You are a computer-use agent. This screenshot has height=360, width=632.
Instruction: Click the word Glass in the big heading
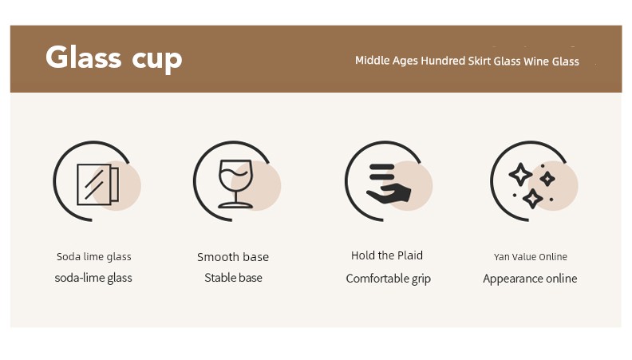[84, 57]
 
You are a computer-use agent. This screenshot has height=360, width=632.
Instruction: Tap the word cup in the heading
[157, 61]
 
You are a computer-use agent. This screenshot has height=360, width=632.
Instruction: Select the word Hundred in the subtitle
[443, 61]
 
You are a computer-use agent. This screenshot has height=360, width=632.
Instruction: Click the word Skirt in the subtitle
[480, 61]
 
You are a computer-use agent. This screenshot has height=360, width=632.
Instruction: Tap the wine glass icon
[235, 184]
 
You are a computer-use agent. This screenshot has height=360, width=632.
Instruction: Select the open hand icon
[389, 194]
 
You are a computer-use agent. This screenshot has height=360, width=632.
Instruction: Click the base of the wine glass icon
[235, 205]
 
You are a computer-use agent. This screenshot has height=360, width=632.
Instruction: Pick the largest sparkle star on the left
[520, 174]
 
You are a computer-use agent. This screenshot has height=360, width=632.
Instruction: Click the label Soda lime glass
[94, 257]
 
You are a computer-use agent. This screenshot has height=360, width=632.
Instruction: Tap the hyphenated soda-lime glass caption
[93, 278]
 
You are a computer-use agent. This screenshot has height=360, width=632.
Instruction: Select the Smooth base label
[233, 257]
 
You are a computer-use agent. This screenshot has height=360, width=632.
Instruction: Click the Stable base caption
[233, 278]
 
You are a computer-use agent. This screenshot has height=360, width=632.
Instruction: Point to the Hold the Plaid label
[387, 255]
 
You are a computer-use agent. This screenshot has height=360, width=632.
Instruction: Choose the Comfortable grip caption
[388, 279]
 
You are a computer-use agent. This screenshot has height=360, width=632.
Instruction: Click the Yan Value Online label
[531, 257]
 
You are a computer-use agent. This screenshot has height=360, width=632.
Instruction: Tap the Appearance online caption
[530, 279]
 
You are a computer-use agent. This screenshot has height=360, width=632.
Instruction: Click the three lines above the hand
[381, 172]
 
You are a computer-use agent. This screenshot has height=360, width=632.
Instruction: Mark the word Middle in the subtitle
[373, 61]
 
